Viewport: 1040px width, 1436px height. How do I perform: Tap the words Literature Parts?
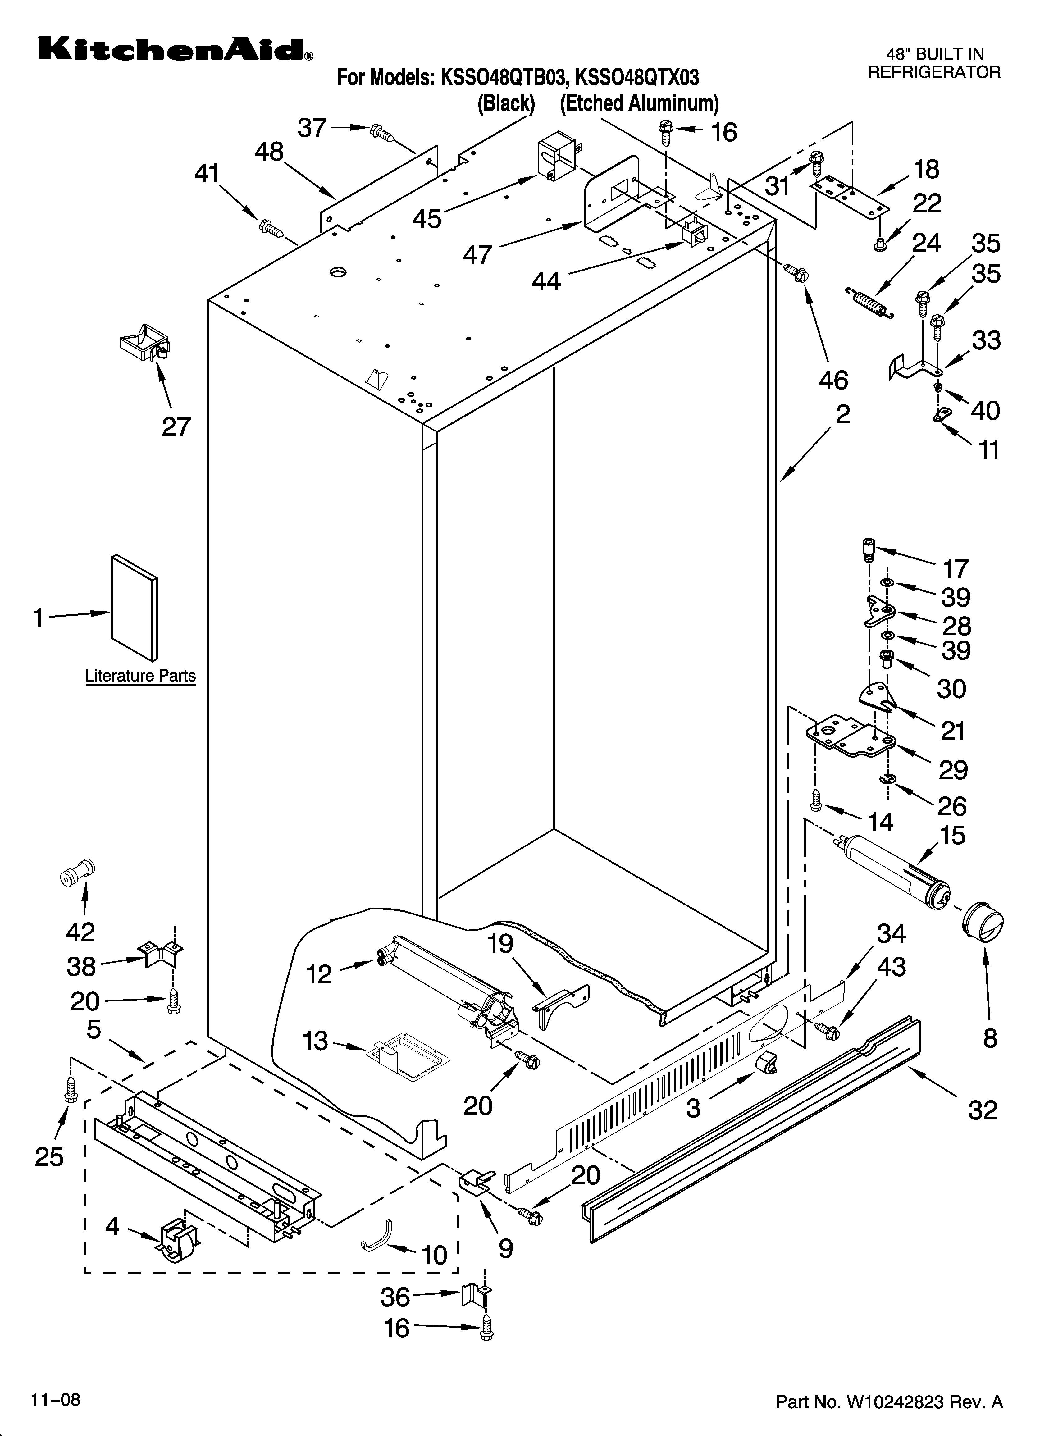click(x=141, y=676)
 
